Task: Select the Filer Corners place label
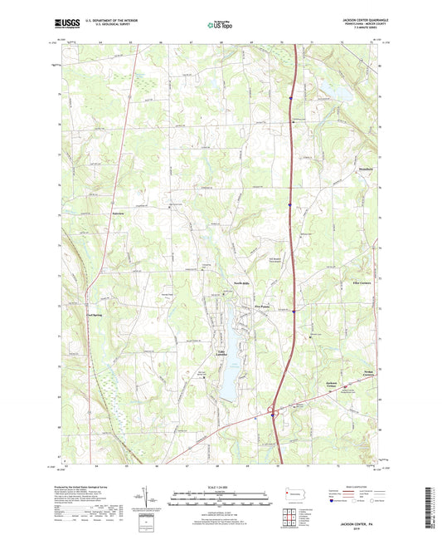tap(361, 283)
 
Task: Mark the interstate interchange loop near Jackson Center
tap(271, 410)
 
